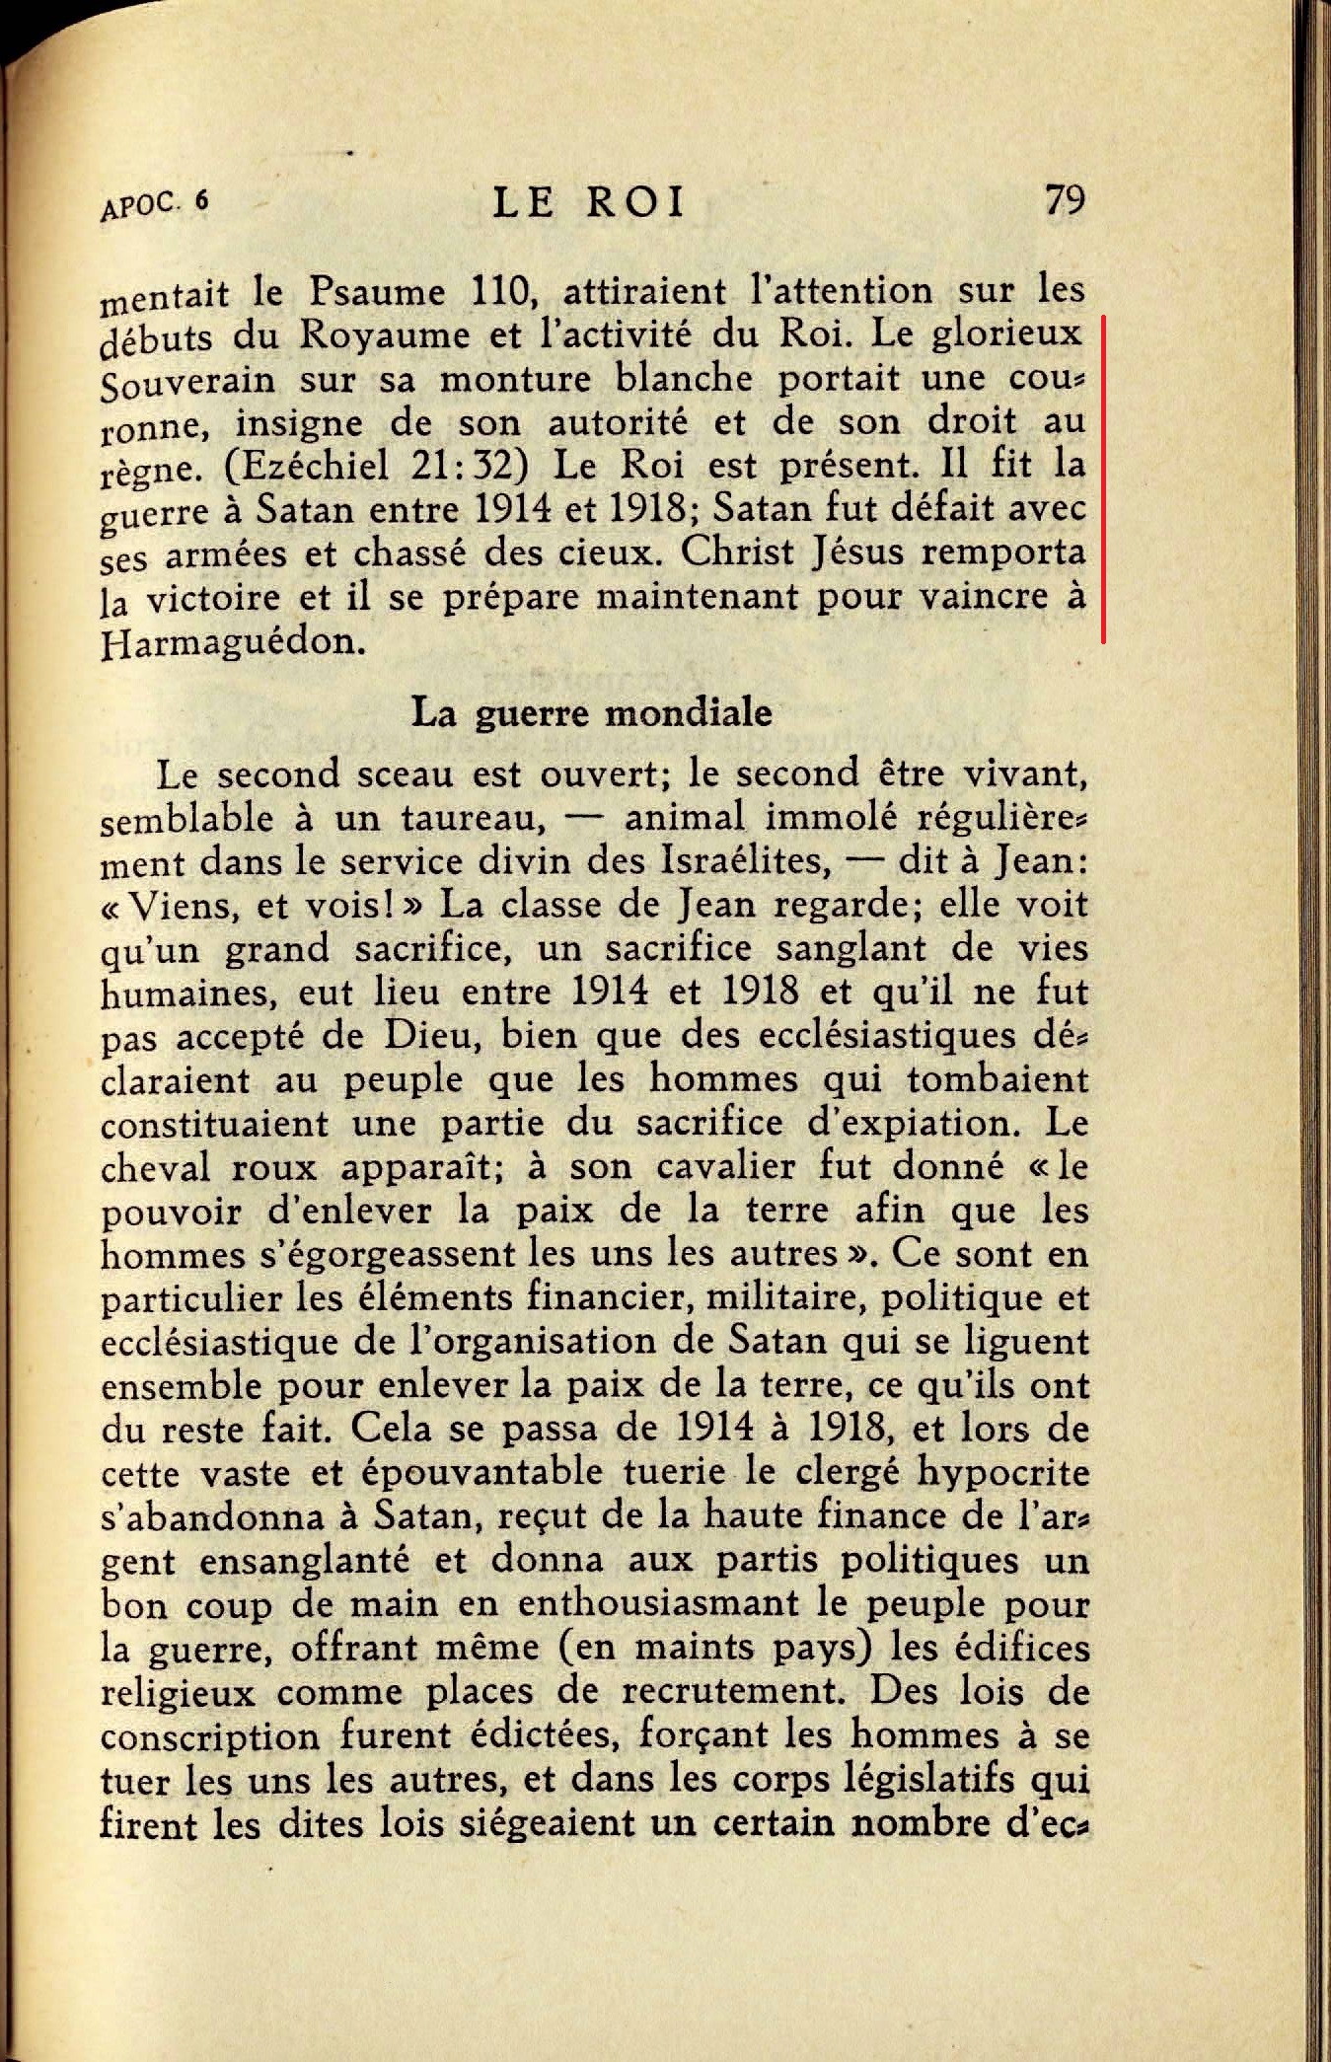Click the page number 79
1064,200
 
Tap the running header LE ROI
588,202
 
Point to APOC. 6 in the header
155,205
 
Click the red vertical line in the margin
1103,479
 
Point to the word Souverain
186,381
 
